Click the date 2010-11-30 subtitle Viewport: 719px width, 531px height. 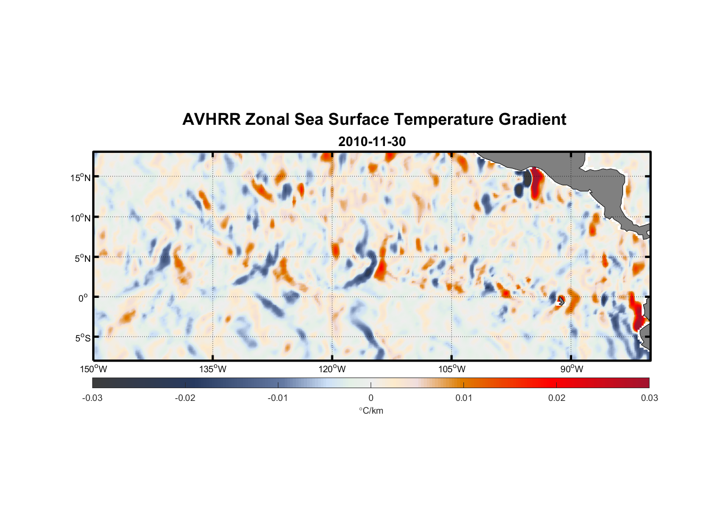(372, 142)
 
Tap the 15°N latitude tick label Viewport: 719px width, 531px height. (81, 177)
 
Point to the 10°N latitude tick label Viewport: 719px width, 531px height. (81, 218)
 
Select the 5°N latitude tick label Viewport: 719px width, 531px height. (82, 258)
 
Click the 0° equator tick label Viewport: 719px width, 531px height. (83, 298)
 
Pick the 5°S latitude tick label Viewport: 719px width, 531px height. (82, 338)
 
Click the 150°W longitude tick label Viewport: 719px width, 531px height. (94, 369)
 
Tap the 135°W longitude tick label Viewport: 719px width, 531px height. (213, 369)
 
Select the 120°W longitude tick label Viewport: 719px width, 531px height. (332, 369)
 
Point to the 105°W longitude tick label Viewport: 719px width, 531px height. (452, 369)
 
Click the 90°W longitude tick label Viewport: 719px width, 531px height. (572, 369)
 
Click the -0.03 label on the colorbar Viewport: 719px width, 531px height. (92, 398)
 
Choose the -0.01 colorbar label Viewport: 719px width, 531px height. (278, 398)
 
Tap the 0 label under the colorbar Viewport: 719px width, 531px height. (371, 398)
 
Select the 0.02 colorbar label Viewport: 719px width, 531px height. (556, 398)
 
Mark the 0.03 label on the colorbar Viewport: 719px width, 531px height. (649, 398)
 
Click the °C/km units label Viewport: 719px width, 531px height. (371, 410)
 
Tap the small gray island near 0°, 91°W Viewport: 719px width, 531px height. (560, 301)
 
